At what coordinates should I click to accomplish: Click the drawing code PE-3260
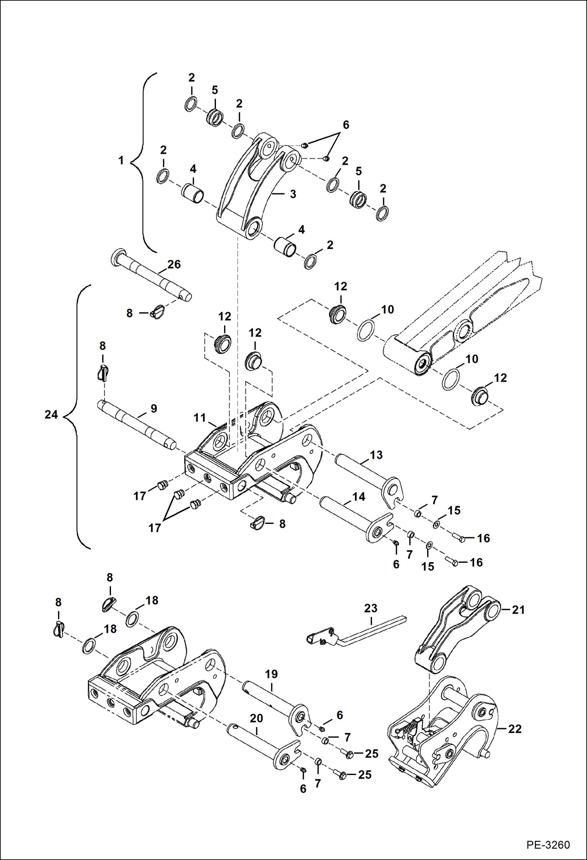coord(548,844)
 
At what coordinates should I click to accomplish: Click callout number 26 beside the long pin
coord(174,264)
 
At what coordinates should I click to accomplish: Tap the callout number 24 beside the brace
coord(51,415)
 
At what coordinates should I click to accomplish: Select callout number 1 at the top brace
coord(121,160)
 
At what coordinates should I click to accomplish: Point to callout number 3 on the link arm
coord(293,194)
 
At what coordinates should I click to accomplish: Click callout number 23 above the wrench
coord(370,608)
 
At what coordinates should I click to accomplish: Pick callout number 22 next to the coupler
coord(515,729)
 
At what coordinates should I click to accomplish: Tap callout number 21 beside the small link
coord(518,609)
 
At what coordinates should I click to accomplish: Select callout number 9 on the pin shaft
coord(154,408)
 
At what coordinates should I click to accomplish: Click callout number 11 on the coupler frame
coord(199,418)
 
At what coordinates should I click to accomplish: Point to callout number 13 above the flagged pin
coord(376,455)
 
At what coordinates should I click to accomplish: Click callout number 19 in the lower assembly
coord(271,674)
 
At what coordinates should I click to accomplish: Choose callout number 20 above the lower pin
coord(256,718)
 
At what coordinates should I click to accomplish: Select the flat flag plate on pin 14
coord(379,529)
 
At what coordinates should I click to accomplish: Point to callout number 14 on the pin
coord(359,497)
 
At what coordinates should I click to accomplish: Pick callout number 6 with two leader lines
coord(346,125)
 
